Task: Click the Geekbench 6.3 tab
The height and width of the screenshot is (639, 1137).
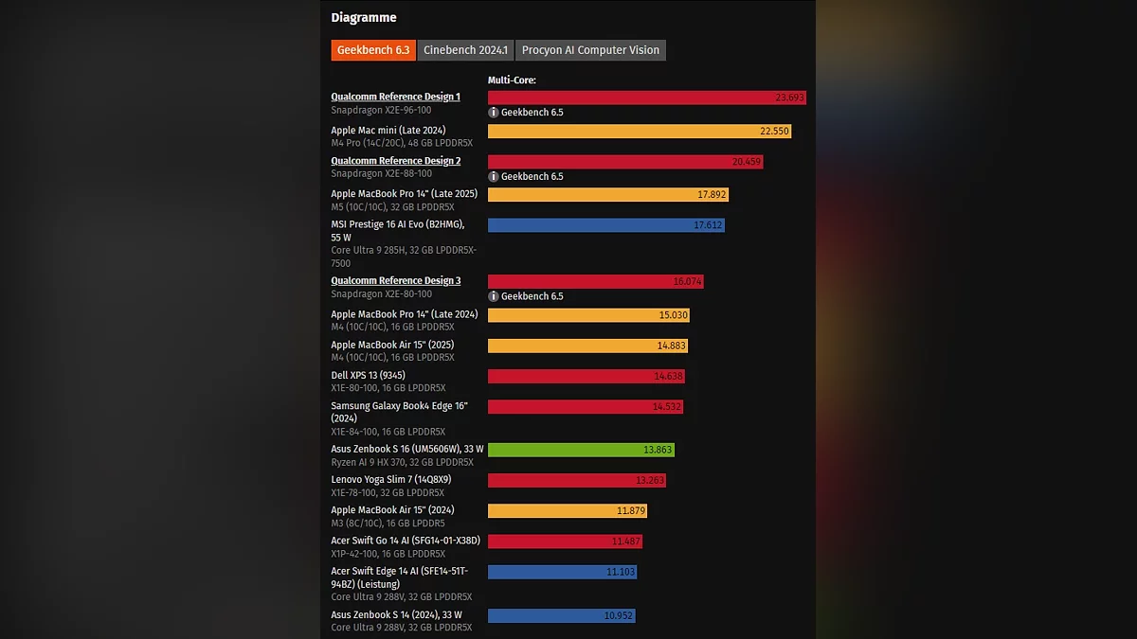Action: tap(373, 50)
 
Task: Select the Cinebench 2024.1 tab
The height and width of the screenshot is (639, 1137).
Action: tap(465, 50)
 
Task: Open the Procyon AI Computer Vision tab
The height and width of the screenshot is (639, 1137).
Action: tap(590, 50)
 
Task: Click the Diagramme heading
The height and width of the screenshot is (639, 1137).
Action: tap(364, 18)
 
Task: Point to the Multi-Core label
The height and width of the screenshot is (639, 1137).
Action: tap(512, 80)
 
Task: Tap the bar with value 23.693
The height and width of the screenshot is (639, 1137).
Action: tap(646, 98)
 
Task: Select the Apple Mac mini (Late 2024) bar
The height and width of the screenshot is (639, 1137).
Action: tap(639, 131)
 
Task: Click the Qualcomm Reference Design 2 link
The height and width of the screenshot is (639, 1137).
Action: tap(395, 161)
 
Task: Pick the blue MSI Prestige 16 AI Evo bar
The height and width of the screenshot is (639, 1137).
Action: tap(605, 225)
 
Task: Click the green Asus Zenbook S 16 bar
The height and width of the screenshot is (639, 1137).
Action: tap(581, 450)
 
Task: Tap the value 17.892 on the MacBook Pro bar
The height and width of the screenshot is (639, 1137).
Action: tap(711, 195)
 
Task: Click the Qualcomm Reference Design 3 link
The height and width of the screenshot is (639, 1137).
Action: tap(395, 281)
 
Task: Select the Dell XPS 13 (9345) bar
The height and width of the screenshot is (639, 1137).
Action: tap(586, 376)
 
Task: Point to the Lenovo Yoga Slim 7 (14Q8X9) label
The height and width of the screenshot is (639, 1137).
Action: tap(390, 480)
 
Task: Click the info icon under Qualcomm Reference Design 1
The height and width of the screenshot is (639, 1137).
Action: tap(494, 113)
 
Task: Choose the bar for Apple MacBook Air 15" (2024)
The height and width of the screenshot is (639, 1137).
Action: tap(567, 511)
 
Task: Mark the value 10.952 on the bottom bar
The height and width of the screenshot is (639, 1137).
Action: tap(618, 615)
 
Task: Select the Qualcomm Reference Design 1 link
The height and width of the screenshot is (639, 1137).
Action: tap(395, 97)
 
